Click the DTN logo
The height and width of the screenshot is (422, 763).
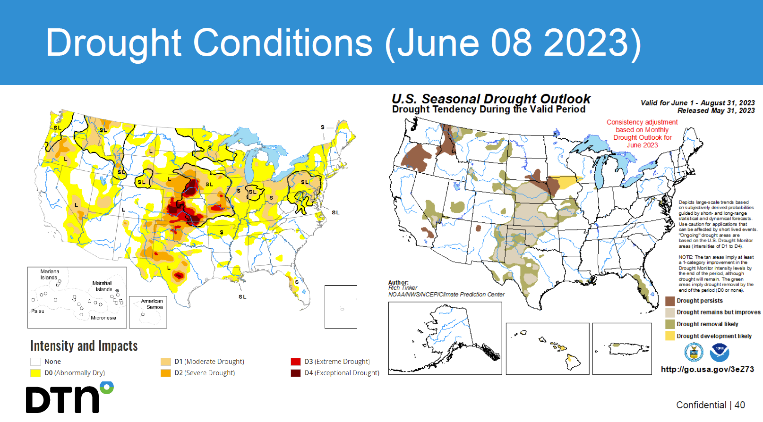tap(69, 398)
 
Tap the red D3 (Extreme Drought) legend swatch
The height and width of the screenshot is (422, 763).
tap(296, 362)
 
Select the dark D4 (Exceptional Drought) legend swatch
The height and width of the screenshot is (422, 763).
tap(296, 373)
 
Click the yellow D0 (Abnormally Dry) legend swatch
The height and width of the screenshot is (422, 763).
tap(35, 373)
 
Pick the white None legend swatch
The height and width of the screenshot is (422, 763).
tap(35, 362)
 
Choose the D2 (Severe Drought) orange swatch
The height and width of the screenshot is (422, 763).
tap(166, 373)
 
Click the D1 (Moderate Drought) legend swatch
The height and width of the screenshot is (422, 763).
tap(166, 362)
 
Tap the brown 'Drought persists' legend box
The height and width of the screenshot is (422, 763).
tap(670, 301)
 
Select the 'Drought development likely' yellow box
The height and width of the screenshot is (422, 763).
tap(670, 336)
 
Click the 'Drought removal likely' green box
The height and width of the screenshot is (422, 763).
tap(670, 324)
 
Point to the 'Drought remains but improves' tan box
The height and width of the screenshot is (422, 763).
tap(670, 312)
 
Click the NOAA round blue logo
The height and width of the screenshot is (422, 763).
tap(720, 352)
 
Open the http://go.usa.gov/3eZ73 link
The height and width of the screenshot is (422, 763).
tap(707, 369)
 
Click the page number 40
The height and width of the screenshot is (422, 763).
tap(740, 405)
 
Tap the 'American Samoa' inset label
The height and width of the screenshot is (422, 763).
tap(152, 304)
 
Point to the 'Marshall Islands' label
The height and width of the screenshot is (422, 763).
tap(103, 286)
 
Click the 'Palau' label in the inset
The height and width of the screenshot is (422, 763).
tap(38, 311)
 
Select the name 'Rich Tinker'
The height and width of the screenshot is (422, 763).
tap(403, 288)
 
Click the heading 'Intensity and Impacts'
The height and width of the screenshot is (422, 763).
tap(84, 346)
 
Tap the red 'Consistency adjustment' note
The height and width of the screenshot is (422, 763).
tap(642, 133)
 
